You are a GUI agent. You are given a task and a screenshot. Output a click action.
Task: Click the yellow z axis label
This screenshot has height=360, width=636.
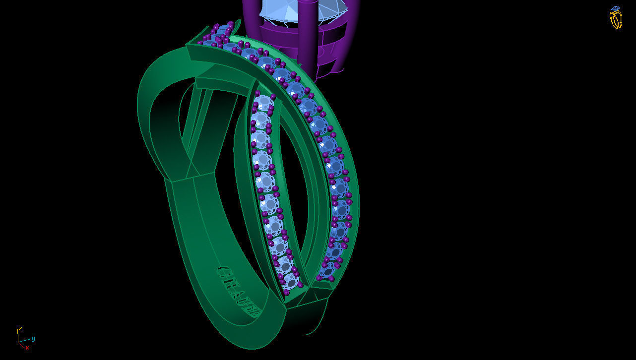coord(20,329)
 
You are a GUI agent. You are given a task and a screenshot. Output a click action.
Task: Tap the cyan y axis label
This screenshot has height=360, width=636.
coord(33,339)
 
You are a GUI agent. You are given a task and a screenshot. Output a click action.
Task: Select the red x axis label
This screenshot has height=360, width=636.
coord(27,348)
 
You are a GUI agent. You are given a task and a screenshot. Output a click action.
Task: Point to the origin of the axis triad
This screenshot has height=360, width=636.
coord(19,342)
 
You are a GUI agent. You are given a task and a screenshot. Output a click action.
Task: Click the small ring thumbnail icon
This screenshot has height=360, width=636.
coord(616,18)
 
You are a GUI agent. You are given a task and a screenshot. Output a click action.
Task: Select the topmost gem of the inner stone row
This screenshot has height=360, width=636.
coord(263,103)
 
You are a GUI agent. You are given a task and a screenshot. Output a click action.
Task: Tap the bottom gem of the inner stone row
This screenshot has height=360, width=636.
coord(291,281)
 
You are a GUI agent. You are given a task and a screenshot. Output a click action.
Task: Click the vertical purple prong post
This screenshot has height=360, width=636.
coord(308,35)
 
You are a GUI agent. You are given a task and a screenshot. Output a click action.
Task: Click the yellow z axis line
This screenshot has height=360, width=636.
coord(19,336)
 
